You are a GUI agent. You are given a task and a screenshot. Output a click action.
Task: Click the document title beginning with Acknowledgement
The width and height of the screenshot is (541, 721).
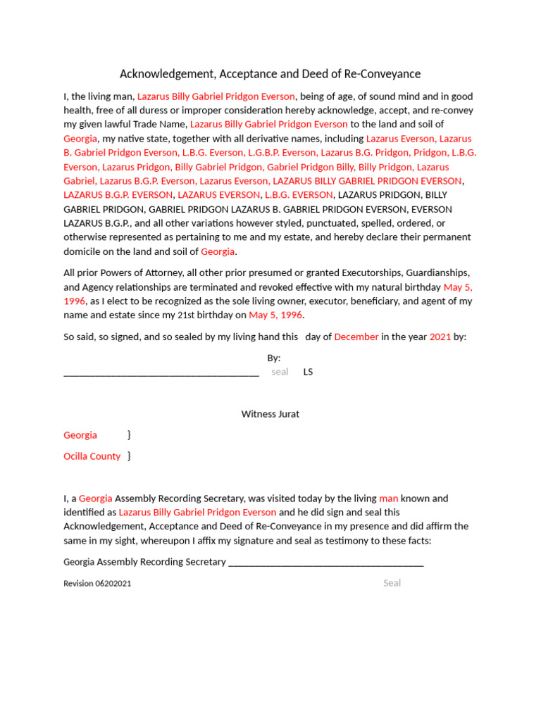click(x=270, y=74)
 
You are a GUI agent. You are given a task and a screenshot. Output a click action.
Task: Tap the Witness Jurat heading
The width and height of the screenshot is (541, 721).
click(x=270, y=414)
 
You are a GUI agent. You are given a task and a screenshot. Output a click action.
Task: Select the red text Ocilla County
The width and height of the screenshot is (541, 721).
click(x=92, y=456)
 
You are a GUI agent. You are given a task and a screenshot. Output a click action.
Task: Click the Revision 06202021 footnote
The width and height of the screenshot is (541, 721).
click(x=97, y=584)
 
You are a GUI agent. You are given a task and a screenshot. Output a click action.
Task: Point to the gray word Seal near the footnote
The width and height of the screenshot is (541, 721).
click(x=392, y=583)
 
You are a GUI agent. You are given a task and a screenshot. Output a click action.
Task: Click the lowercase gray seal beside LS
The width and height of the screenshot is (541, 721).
click(x=280, y=372)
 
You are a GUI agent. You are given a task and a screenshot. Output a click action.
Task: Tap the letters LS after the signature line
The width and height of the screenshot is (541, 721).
click(x=308, y=372)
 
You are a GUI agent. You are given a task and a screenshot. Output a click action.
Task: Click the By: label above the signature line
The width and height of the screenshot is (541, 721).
click(x=273, y=358)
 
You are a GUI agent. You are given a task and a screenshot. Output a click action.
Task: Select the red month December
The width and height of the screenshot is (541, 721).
click(x=356, y=337)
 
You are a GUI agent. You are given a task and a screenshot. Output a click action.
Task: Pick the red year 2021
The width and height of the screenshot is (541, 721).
click(x=440, y=337)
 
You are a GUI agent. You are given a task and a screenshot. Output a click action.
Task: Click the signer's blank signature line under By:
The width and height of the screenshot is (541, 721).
click(x=161, y=373)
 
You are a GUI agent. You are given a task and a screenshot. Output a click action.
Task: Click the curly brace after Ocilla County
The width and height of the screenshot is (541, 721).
click(x=129, y=456)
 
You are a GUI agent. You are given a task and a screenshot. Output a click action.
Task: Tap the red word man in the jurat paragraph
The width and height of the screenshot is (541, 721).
click(x=388, y=499)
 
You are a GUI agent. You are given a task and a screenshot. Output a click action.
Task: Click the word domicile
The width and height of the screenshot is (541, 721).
click(x=84, y=251)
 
